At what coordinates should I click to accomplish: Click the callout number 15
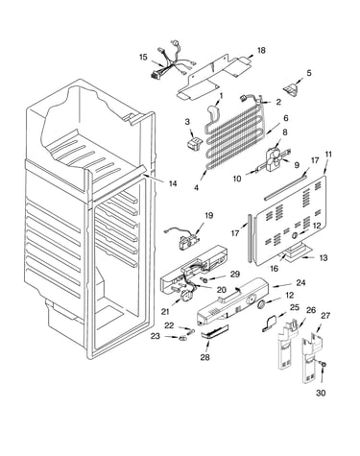(143, 57)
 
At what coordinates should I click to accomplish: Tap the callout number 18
(261, 50)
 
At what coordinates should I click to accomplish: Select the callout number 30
(321, 393)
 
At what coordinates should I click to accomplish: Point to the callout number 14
(173, 183)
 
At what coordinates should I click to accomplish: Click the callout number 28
(204, 357)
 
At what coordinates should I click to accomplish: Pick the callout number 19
(208, 215)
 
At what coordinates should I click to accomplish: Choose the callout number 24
(300, 282)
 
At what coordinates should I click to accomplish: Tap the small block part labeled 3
(194, 142)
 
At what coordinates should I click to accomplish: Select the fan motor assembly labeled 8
(273, 157)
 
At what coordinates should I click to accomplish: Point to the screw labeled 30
(323, 364)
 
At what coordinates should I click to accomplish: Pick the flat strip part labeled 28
(215, 331)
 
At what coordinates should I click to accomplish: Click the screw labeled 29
(204, 280)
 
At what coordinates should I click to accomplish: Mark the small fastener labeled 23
(183, 338)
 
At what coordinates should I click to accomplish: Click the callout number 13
(324, 257)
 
